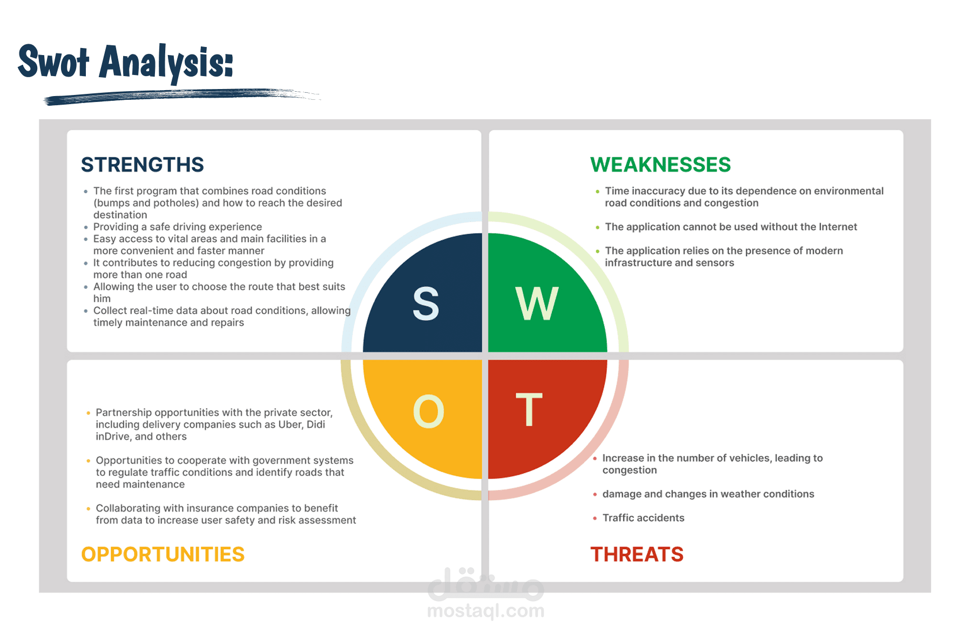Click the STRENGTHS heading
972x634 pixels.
143,165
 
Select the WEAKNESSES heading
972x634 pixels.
660,165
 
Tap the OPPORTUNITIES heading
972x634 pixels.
163,554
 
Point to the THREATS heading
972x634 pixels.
637,554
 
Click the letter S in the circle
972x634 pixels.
426,303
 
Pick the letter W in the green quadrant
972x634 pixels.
537,303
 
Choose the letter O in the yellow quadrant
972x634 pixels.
429,411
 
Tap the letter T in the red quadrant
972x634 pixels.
529,410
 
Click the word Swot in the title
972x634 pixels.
53,62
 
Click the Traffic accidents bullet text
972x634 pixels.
643,518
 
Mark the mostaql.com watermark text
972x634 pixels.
485,611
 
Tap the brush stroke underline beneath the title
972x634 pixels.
183,96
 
